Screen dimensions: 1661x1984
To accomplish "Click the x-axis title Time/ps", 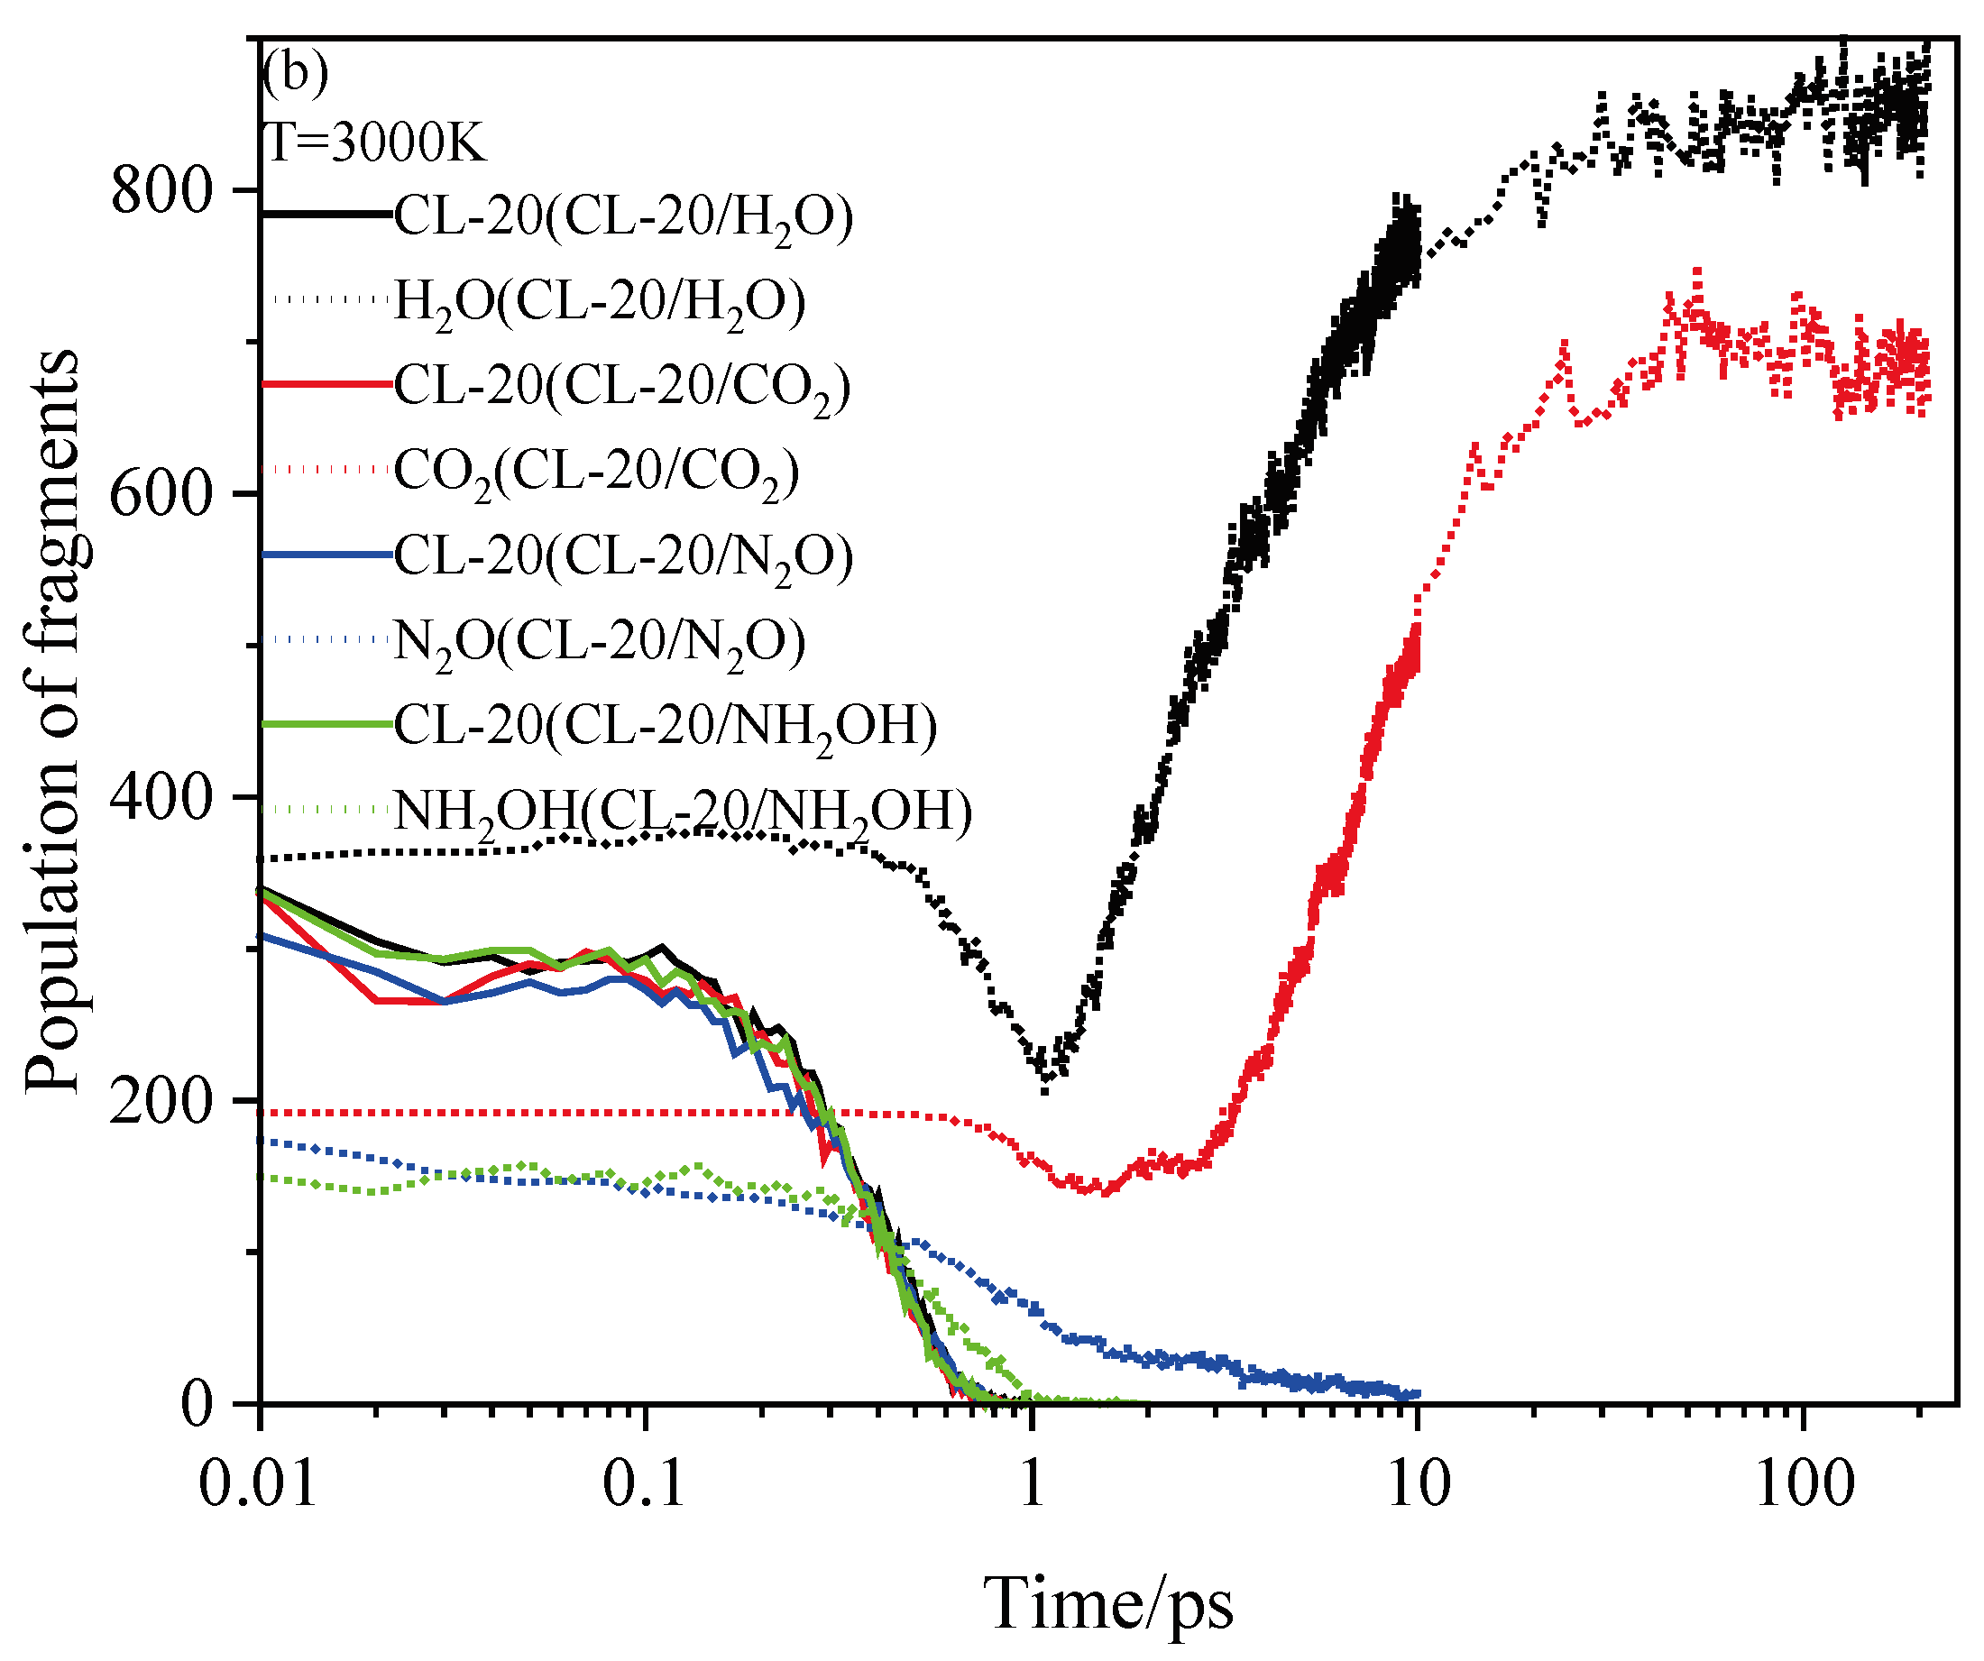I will coord(1108,1603).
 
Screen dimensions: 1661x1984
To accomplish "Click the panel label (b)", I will coord(296,73).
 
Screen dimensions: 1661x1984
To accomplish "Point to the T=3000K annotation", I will coord(375,143).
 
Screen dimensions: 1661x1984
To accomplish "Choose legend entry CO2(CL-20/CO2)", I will coord(596,471).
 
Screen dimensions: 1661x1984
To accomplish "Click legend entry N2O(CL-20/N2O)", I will coord(599,640).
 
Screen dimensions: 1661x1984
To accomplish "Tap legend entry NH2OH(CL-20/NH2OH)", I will coord(682,811).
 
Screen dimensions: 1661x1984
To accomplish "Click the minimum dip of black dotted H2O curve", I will coord(1045,1090).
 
